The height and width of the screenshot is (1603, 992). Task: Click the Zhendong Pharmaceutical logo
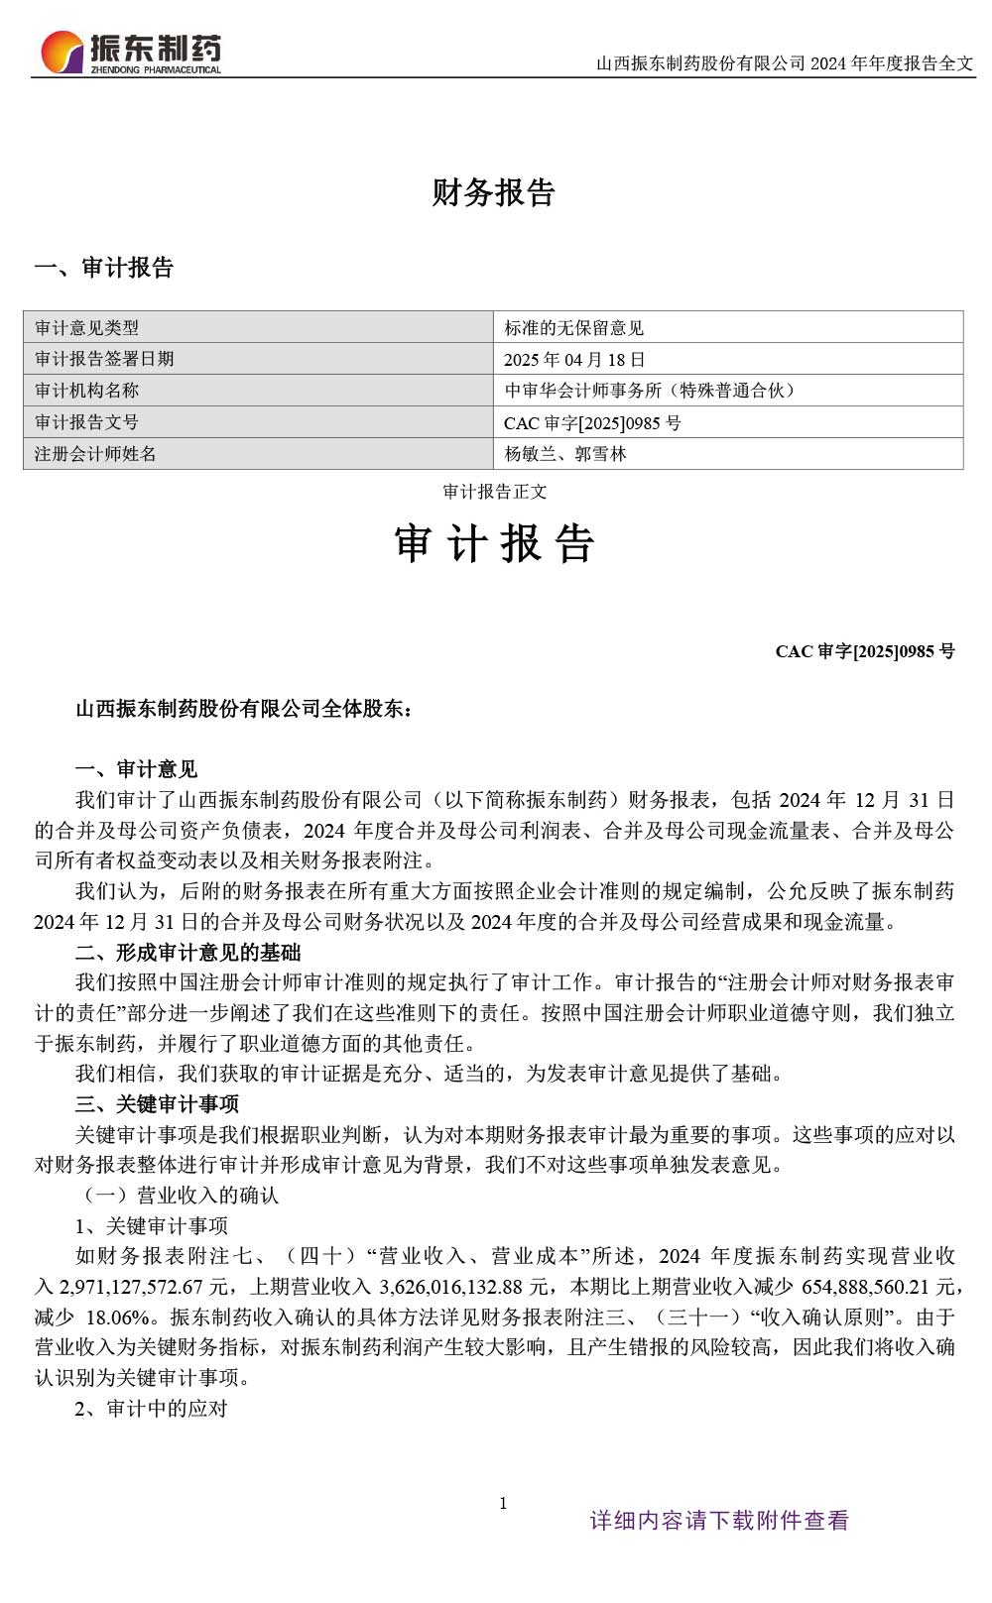click(130, 52)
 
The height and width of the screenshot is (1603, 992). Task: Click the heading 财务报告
click(493, 192)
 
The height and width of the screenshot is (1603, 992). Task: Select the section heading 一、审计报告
click(104, 268)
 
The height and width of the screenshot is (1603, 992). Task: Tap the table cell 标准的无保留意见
click(573, 328)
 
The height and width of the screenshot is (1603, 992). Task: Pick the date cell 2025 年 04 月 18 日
click(574, 360)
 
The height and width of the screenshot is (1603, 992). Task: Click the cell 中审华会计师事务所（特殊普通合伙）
click(650, 391)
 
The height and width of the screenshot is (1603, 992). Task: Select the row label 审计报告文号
click(86, 422)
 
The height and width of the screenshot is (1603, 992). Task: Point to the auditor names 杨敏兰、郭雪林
click(565, 454)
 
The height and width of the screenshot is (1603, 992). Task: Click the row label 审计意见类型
click(86, 328)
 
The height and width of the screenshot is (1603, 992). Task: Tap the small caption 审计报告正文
click(494, 492)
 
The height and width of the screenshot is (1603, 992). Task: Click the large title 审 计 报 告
click(494, 543)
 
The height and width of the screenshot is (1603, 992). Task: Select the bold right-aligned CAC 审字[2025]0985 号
click(865, 651)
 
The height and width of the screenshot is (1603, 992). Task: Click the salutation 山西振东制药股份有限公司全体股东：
click(245, 709)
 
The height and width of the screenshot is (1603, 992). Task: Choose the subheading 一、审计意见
click(137, 769)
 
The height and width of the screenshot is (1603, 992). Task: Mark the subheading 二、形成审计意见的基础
click(187, 953)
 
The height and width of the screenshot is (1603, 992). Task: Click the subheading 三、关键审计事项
click(157, 1104)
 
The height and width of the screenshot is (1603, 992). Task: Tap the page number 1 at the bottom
click(503, 1503)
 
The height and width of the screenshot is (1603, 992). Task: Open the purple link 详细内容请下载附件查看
click(719, 1521)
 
